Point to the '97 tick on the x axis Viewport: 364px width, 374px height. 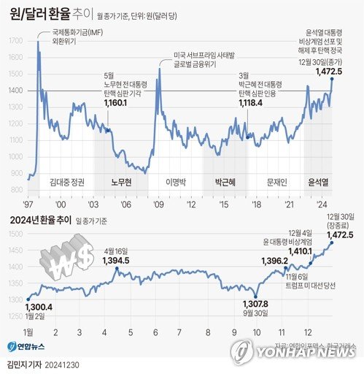[x=31, y=205]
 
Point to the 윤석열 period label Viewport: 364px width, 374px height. [x=320, y=180]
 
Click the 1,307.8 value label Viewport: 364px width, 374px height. [x=255, y=303]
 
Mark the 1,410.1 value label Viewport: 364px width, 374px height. [x=303, y=251]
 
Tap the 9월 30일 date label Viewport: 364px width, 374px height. [x=255, y=313]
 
